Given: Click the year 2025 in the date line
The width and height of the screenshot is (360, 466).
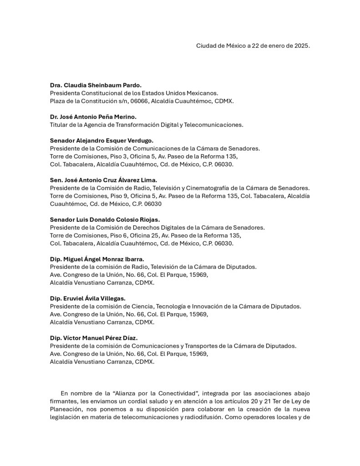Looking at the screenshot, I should [300, 46].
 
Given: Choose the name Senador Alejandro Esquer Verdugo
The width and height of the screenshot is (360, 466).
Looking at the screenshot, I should [101, 141].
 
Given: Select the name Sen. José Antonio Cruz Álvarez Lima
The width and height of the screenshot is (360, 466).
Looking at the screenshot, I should [103, 180].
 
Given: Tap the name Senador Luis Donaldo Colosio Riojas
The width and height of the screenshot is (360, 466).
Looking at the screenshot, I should [105, 219].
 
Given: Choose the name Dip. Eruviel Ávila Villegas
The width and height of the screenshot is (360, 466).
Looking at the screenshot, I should [87, 299].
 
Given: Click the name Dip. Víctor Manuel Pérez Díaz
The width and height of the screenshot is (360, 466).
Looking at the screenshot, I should [93, 338].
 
